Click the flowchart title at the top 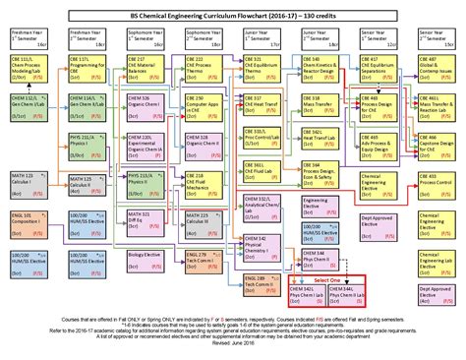click(x=233, y=8)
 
